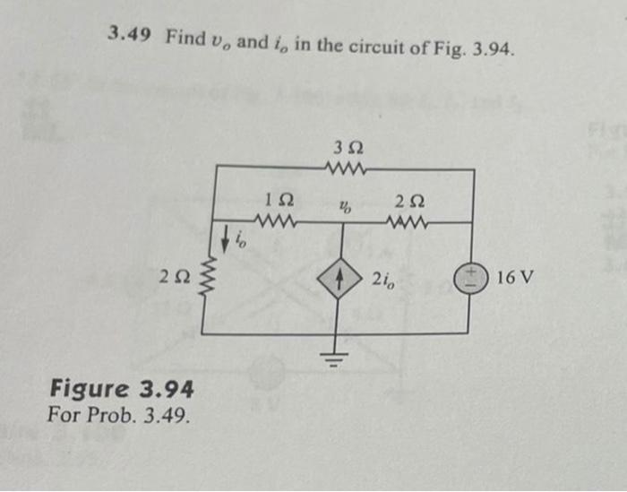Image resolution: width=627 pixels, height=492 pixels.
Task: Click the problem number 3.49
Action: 131,34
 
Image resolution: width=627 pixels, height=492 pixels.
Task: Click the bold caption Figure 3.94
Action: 122,391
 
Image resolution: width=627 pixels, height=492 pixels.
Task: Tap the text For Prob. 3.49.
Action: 120,416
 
